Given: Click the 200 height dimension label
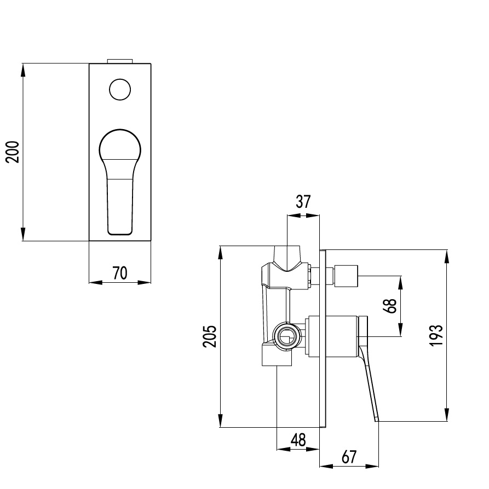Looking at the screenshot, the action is pyautogui.click(x=13, y=152).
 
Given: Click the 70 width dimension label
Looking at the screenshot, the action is pyautogui.click(x=120, y=273).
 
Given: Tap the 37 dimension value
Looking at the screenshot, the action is pyautogui.click(x=303, y=201).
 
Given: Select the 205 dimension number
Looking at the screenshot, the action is pyautogui.click(x=210, y=336).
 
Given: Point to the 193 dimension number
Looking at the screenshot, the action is pyautogui.click(x=436, y=335).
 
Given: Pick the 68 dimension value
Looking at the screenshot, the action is pyautogui.click(x=390, y=306).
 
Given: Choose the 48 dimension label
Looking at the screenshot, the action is pyautogui.click(x=298, y=440).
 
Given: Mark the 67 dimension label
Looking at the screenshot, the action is pyautogui.click(x=349, y=457).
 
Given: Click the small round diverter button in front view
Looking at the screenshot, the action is pyautogui.click(x=120, y=90).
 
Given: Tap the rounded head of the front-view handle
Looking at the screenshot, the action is pyautogui.click(x=120, y=147).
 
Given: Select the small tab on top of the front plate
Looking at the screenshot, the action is pyautogui.click(x=120, y=61).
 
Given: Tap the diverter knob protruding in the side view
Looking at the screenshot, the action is pyautogui.click(x=346, y=276).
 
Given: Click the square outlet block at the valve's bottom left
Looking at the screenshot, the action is pyautogui.click(x=277, y=354).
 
